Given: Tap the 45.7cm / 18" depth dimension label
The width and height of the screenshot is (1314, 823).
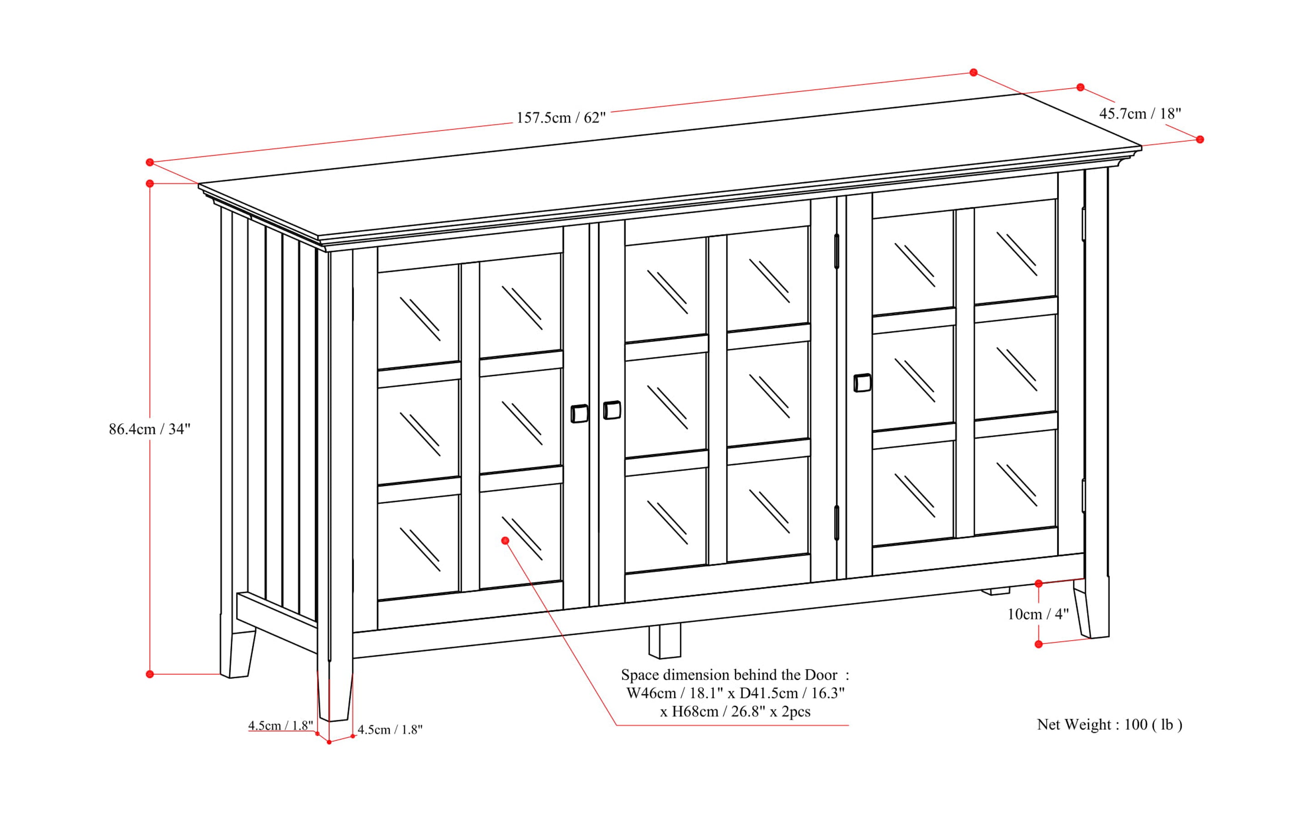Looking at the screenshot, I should [x=1140, y=114].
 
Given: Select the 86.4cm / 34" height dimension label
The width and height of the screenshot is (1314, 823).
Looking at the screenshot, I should [x=149, y=429].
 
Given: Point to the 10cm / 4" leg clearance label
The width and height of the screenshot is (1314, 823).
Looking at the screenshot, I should [x=1038, y=614].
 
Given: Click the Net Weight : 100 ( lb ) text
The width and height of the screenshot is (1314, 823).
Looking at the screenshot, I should [x=1109, y=724].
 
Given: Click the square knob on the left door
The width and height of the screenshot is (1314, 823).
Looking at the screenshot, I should [x=579, y=414].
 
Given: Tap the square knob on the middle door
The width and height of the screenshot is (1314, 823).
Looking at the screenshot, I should [x=612, y=410].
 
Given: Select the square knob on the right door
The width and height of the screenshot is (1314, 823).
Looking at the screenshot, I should [x=862, y=383].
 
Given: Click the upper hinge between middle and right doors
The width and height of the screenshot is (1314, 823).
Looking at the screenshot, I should [x=837, y=251].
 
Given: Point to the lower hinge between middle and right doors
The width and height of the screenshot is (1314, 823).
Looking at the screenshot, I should [x=837, y=522].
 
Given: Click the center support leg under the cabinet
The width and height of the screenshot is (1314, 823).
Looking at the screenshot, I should [x=665, y=641].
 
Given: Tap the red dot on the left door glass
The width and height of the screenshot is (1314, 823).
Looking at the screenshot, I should [x=505, y=541].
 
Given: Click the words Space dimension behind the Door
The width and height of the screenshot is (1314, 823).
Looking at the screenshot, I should [x=729, y=675].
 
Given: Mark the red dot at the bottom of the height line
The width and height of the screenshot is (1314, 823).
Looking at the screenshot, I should [x=150, y=674].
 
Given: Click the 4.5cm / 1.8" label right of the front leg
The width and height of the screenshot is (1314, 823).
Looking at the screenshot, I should [x=390, y=730].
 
